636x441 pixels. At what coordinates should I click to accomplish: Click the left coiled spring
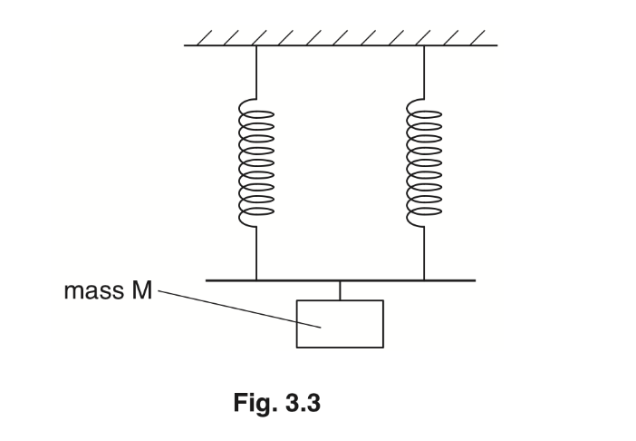256,162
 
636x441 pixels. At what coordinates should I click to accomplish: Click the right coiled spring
424,162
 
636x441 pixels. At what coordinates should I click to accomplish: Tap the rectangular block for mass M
340,323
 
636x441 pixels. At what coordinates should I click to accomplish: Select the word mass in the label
92,292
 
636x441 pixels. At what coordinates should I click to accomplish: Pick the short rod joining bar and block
340,290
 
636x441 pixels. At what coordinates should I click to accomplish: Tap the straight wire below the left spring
256,254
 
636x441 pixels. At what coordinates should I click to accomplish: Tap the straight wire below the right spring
424,254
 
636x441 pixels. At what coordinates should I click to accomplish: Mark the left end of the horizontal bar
208,281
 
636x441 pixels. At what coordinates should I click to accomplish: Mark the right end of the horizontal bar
474,281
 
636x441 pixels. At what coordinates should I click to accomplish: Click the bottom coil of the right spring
424,215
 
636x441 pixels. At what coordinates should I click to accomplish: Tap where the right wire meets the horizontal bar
424,280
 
